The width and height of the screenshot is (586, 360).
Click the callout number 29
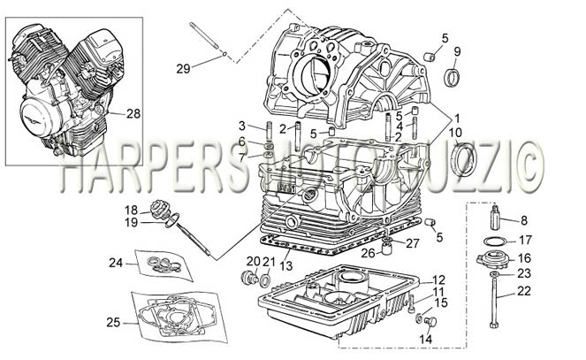point(183,68)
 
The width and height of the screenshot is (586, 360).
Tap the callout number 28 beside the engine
point(133,113)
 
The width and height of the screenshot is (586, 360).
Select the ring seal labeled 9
point(453,78)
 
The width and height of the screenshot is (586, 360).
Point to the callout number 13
point(286,265)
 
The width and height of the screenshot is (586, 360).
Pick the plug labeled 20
point(249,278)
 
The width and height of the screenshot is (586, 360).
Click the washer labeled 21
point(266,279)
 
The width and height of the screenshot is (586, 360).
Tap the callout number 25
point(113,322)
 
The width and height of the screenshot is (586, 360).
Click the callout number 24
point(116,263)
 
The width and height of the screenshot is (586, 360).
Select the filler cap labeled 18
point(158,208)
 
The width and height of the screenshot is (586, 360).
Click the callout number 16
point(524,258)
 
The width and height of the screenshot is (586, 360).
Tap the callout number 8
point(524,220)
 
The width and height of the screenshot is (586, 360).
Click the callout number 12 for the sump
point(438,280)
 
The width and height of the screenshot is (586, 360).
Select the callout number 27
point(413,243)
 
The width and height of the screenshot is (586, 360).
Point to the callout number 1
point(456,119)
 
